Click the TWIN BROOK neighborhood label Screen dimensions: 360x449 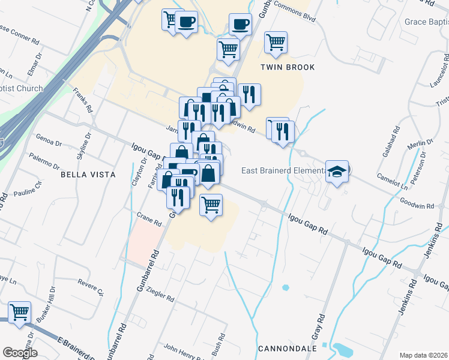(x=288, y=67)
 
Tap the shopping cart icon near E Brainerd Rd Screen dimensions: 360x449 (x=20, y=312)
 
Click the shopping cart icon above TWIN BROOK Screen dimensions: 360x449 (x=276, y=42)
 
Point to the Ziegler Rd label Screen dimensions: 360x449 (x=160, y=293)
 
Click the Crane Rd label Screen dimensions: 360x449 (x=149, y=219)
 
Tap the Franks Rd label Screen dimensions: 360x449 (x=82, y=100)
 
